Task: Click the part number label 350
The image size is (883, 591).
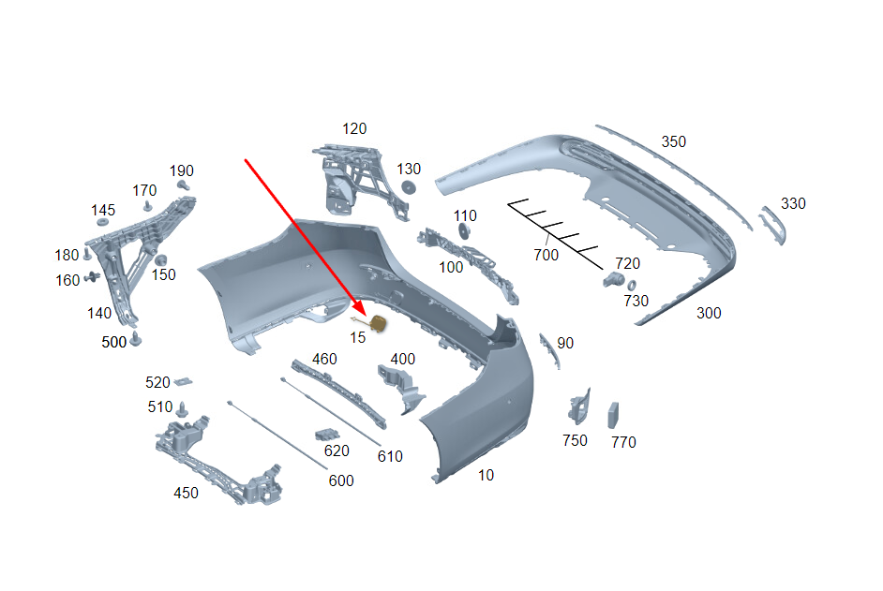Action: [674, 141]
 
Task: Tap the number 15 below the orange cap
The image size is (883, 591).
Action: [357, 338]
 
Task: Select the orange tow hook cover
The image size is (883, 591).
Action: [378, 323]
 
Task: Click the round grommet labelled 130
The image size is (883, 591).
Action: [409, 187]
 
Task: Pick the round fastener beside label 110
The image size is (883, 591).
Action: [464, 230]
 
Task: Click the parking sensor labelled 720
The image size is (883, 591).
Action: [613, 278]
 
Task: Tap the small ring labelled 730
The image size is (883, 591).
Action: [632, 286]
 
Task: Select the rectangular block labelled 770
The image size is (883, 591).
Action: [613, 416]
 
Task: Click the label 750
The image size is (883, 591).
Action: [575, 440]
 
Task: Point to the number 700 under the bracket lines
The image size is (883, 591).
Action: [546, 255]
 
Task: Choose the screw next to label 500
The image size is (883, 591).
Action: [135, 339]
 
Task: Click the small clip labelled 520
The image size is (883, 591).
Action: [183, 382]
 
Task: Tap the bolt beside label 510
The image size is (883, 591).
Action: [181, 409]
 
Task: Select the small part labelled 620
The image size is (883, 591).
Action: [327, 435]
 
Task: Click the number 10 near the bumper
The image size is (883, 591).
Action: [486, 476]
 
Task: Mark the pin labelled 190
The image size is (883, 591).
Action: [184, 185]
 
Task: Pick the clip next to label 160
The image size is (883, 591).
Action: [93, 277]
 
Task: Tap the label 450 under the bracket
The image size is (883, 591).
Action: [186, 493]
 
